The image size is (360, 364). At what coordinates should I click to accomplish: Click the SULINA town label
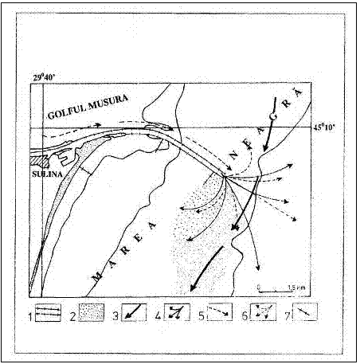click(x=47, y=174)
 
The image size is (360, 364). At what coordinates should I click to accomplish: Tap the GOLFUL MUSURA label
click(x=88, y=107)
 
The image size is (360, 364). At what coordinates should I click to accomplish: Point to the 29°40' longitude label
click(x=44, y=77)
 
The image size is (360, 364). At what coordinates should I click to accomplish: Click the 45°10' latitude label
click(x=324, y=127)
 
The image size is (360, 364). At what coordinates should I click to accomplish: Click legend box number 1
click(x=48, y=312)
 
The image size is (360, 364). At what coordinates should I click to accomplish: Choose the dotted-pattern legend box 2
click(x=92, y=312)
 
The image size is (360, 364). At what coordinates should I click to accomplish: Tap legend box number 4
click(x=176, y=312)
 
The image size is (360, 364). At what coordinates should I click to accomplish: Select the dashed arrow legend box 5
click(x=219, y=312)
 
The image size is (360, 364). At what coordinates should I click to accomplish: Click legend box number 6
click(x=263, y=312)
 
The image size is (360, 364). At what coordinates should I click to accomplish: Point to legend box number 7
click(x=304, y=312)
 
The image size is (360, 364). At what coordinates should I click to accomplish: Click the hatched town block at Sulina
click(x=40, y=161)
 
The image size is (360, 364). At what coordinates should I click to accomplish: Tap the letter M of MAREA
click(x=97, y=276)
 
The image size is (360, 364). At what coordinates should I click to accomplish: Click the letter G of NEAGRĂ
click(x=274, y=116)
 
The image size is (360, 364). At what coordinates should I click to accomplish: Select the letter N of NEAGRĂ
click(x=233, y=155)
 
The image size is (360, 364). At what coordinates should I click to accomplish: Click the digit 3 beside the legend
click(x=115, y=316)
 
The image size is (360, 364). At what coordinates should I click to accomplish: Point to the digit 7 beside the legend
click(x=287, y=316)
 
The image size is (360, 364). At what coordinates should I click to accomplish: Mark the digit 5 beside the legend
click(x=202, y=316)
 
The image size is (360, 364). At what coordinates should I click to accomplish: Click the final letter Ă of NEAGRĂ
click(x=298, y=92)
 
